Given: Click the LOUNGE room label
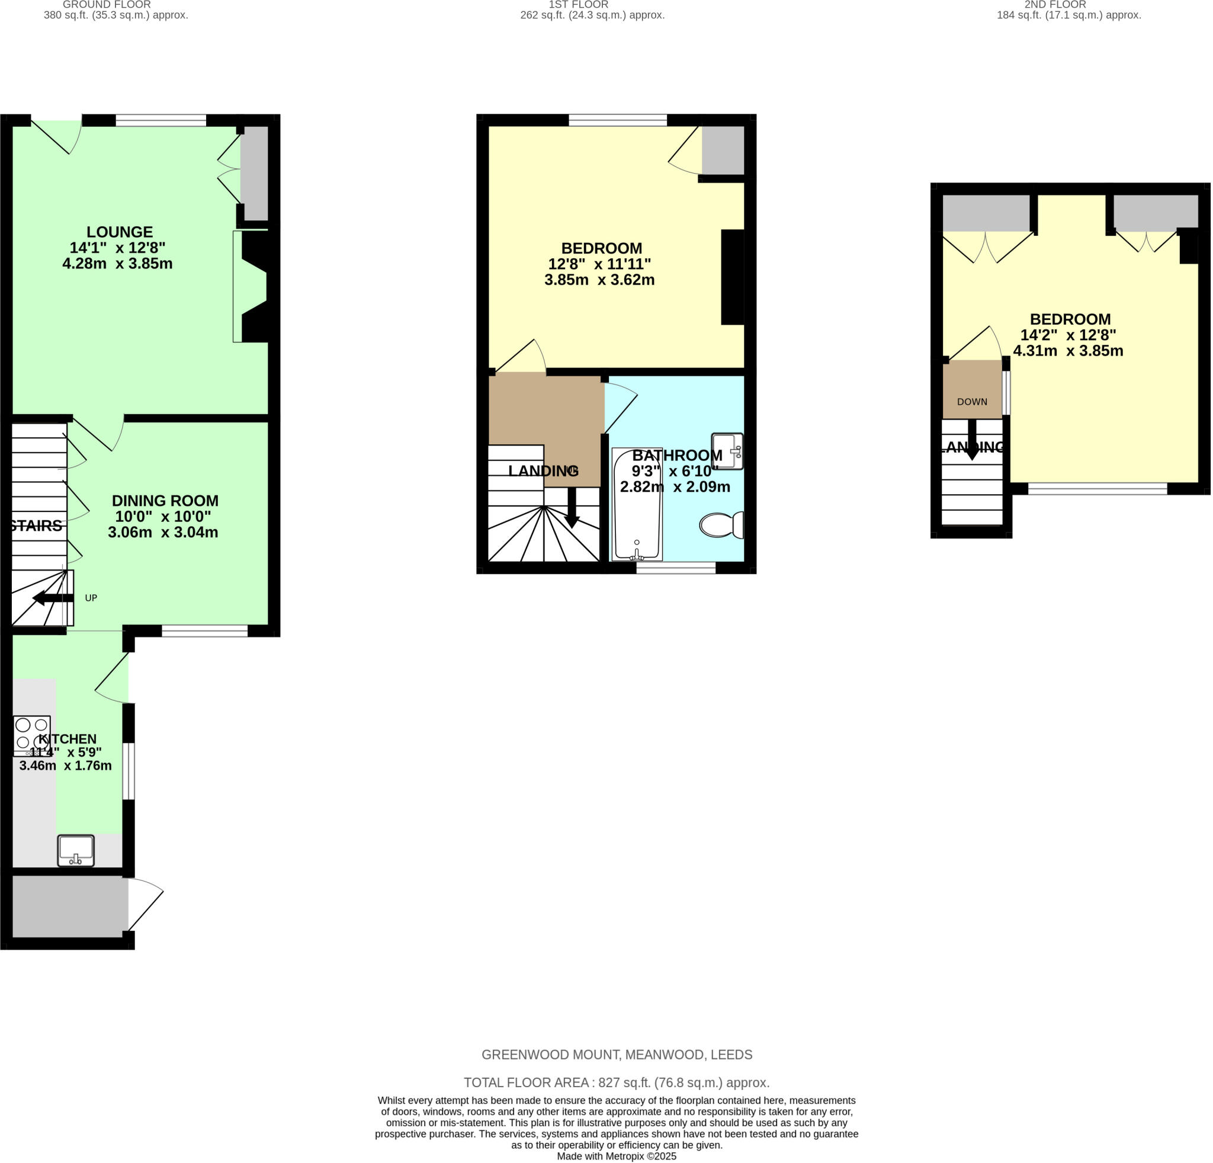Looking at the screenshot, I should [x=120, y=232].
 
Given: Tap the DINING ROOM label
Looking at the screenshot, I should [x=165, y=501].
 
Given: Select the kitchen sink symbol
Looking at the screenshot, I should [x=75, y=850].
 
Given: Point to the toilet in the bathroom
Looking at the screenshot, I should [x=721, y=526].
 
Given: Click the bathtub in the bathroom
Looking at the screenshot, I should [x=637, y=504].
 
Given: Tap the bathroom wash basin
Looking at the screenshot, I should [x=727, y=451].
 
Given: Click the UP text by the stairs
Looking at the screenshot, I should [x=91, y=598].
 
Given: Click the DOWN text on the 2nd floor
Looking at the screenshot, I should [x=971, y=402].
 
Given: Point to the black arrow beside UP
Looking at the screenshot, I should [x=53, y=598].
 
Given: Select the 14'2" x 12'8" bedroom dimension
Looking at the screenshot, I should [x=1067, y=335].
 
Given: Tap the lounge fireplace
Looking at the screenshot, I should [x=253, y=286].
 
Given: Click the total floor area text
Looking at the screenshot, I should [x=617, y=1082].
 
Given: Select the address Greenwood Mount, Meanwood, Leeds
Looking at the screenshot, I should [x=617, y=1055].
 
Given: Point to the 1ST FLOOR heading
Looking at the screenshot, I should [x=578, y=4].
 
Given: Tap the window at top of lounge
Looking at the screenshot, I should [x=161, y=120].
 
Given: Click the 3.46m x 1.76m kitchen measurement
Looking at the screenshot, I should [x=66, y=765].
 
